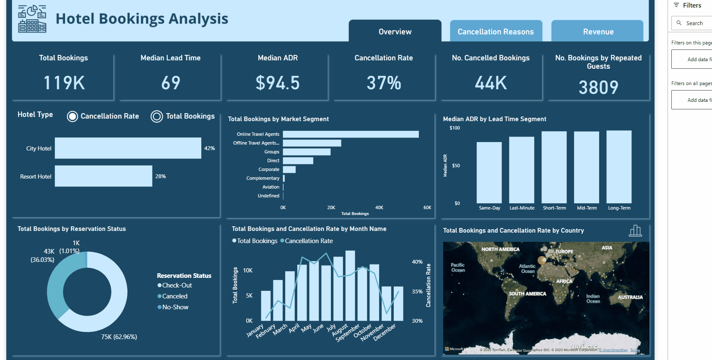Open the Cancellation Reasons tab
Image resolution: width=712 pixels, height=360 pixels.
click(x=496, y=31)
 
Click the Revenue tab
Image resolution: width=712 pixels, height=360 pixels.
click(x=598, y=31)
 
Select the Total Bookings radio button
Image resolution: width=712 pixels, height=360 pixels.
click(x=157, y=117)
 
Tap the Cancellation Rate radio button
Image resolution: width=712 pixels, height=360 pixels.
click(x=73, y=117)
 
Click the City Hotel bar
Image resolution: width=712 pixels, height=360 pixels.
click(x=128, y=148)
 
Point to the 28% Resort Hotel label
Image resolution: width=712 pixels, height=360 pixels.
click(x=161, y=176)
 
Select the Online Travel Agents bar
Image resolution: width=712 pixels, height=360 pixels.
click(x=351, y=134)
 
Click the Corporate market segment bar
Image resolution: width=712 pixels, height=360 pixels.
click(x=289, y=169)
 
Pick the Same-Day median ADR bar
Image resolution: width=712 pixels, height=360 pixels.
click(x=489, y=173)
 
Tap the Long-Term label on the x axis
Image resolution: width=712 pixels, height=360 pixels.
click(x=619, y=208)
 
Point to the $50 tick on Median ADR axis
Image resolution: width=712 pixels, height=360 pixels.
click(x=456, y=166)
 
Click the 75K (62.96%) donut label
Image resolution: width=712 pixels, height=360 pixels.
click(x=119, y=337)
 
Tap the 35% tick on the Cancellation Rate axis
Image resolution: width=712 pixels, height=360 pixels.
click(x=417, y=291)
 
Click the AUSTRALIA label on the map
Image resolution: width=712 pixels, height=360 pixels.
click(x=630, y=297)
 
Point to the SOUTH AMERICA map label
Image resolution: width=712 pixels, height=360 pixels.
click(x=527, y=294)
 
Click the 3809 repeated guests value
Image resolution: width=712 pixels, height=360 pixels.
click(x=598, y=87)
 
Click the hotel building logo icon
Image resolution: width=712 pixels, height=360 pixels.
click(x=32, y=19)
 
